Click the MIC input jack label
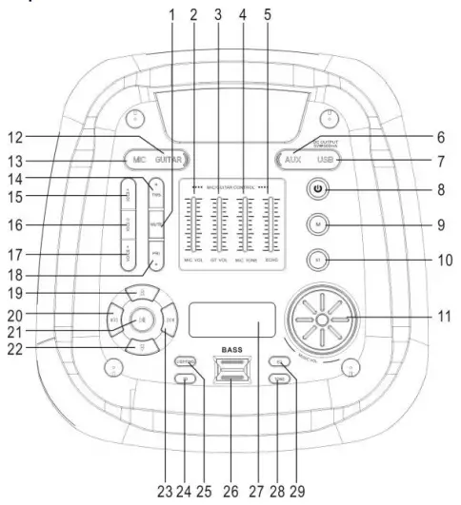click(139, 160)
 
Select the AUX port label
click(291, 160)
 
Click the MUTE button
click(154, 223)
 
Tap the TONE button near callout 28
click(278, 379)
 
